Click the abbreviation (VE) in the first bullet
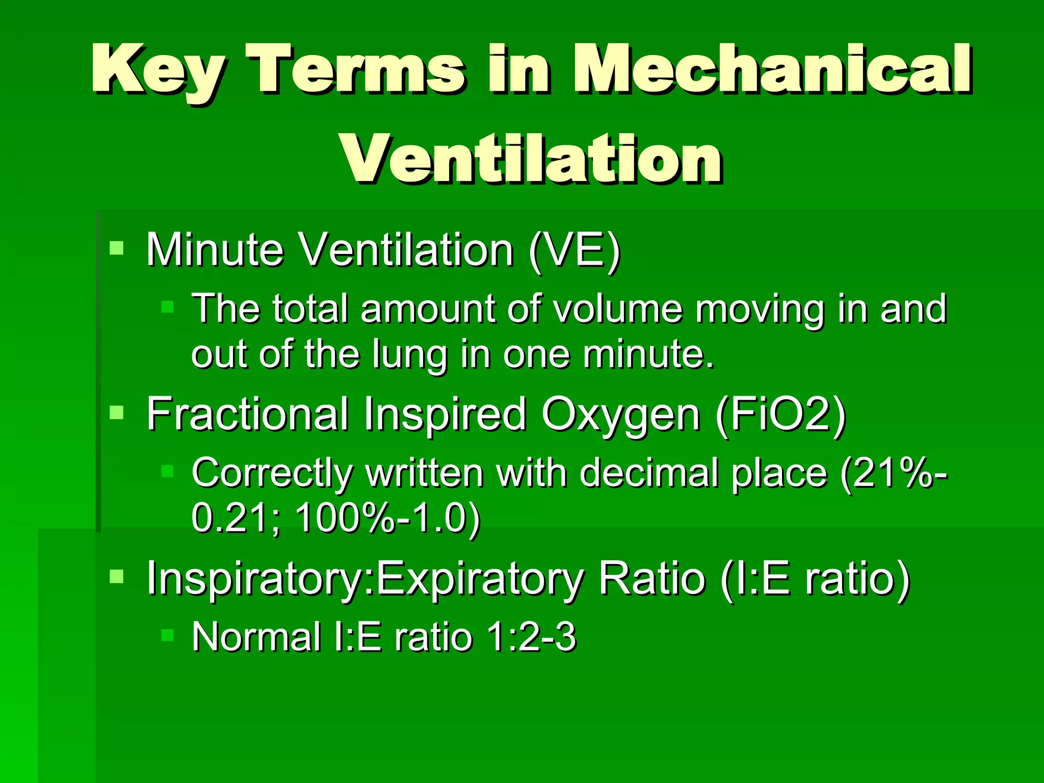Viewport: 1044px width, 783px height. [575, 250]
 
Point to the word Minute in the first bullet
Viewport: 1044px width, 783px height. [215, 250]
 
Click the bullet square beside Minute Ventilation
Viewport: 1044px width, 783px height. [117, 248]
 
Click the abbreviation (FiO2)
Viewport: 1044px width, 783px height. [780, 414]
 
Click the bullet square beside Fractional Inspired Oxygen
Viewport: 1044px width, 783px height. [117, 412]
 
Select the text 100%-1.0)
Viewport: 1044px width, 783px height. [387, 518]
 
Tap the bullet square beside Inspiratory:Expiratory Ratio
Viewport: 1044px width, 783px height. [117, 577]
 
